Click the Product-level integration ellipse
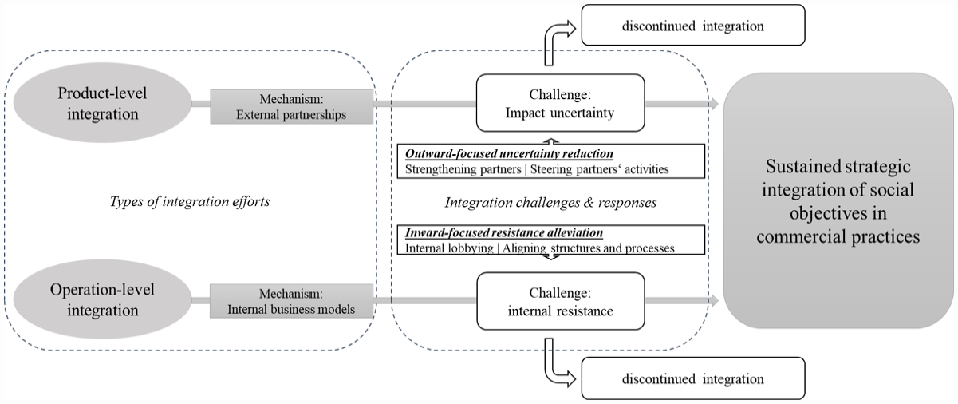tap(102, 103)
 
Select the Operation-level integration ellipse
tap(102, 299)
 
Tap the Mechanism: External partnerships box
tap(291, 106)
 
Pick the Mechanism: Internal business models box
tap(291, 301)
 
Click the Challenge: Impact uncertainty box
tap(560, 103)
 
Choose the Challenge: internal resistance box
tap(560, 301)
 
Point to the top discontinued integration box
tap(693, 26)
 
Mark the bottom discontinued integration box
tap(693, 378)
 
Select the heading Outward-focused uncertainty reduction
tap(509, 153)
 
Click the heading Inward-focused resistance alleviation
tap(504, 232)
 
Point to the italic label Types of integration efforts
tap(190, 201)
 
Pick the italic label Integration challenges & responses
tap(551, 203)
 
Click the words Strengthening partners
tap(463, 169)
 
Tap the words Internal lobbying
tap(449, 248)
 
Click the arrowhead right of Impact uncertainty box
tap(714, 104)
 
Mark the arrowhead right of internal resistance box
tap(714, 300)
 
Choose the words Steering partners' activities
tap(600, 169)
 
